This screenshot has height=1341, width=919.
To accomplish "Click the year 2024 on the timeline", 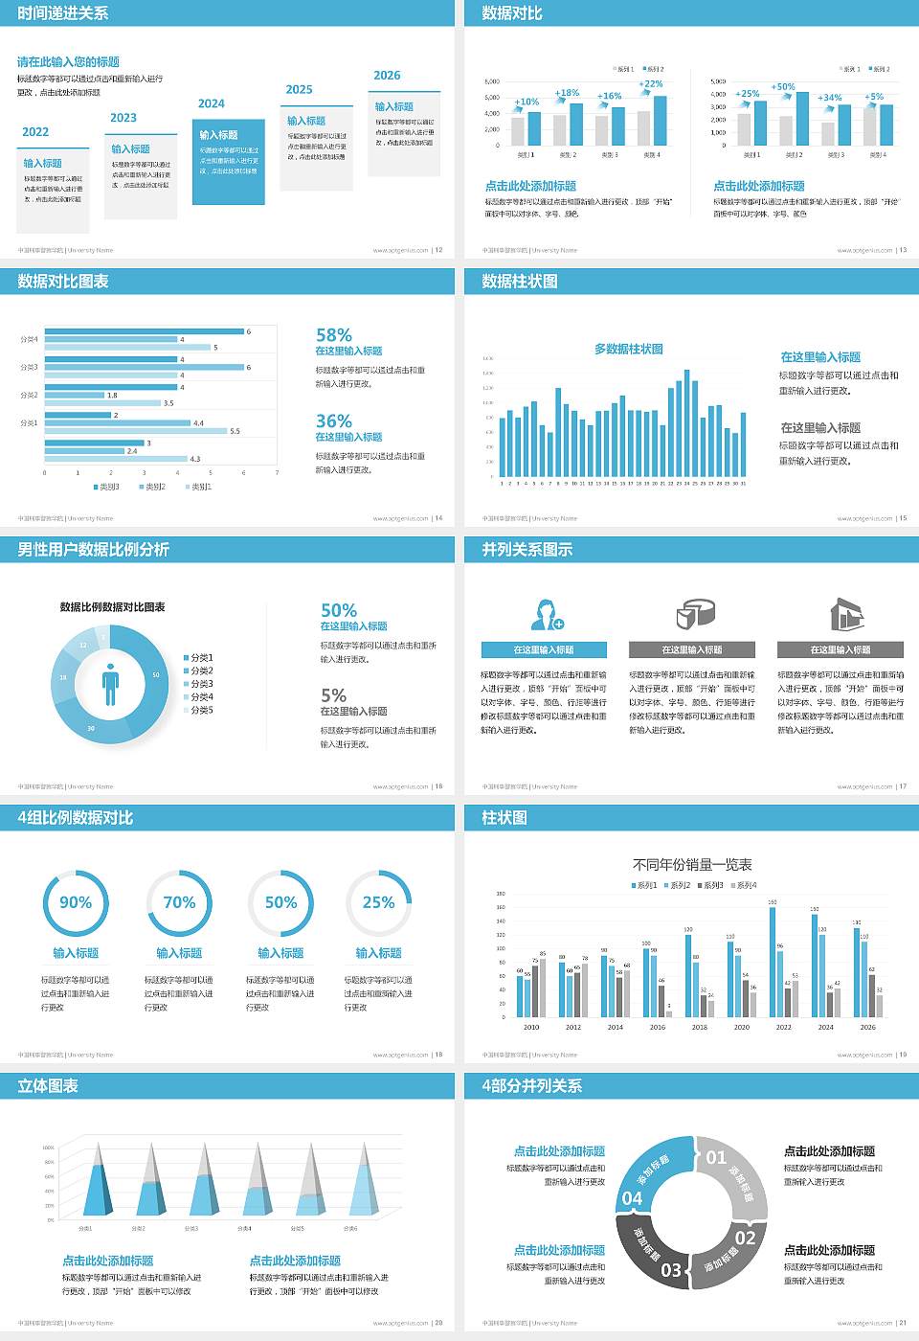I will pos(212,103).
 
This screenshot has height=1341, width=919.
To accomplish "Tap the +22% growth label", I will pos(651,84).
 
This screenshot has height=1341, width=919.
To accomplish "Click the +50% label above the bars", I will pos(783,87).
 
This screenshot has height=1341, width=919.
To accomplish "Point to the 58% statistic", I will pos(334,335).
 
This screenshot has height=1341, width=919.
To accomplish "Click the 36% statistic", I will pos(334,421).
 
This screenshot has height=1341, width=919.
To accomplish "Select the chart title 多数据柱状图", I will pos(629,350).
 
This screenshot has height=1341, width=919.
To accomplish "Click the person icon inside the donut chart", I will pos(110,684).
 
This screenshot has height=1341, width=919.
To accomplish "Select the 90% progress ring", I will pos(76,902).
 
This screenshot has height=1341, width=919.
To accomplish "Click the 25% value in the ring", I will pos(378,902).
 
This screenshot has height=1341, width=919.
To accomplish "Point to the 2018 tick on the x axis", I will pos(700,1027).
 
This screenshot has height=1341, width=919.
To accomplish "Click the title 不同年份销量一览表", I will pos(692,865).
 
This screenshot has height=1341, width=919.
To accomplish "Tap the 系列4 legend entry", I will pos(744,885).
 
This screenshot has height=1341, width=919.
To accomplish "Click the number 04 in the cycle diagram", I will pos(633,1198).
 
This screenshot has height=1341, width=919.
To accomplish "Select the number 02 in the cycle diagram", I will pos(745,1238).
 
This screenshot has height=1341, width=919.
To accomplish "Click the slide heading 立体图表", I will pos(48,1086).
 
